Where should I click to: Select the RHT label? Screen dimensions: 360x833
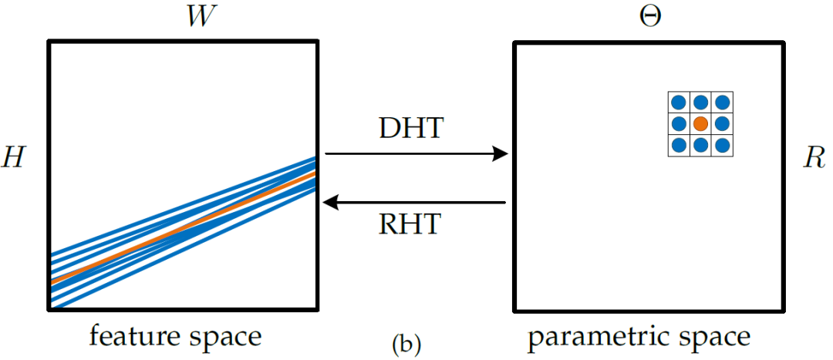click(x=411, y=224)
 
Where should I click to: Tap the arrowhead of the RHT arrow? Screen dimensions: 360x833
click(x=330, y=203)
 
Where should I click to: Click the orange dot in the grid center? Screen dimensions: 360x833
click(x=700, y=123)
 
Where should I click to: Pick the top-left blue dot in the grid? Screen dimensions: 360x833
click(x=678, y=102)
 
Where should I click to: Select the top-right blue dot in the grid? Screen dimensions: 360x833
click(x=721, y=102)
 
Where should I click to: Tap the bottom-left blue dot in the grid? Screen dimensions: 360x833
click(x=678, y=145)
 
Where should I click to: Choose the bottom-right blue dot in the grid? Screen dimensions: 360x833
click(x=721, y=145)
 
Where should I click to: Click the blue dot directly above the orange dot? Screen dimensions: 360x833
click(x=700, y=102)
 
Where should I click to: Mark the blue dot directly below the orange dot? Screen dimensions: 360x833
click(x=700, y=145)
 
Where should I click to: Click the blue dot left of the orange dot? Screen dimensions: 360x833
click(x=678, y=123)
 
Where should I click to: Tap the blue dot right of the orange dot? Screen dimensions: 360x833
click(x=721, y=123)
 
